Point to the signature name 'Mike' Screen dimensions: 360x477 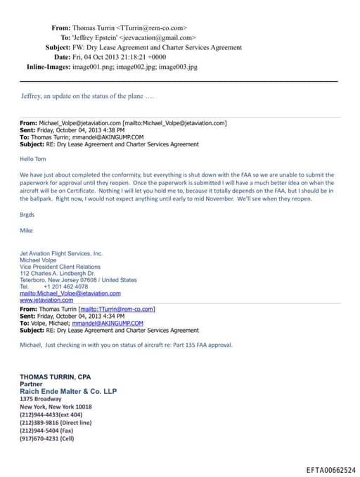tap(26, 230)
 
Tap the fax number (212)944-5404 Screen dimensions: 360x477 tap(46, 431)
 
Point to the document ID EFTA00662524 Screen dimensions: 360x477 tap(330, 469)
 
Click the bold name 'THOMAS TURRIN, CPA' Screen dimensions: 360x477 tap(55, 377)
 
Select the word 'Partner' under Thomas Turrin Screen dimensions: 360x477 tap(32, 384)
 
